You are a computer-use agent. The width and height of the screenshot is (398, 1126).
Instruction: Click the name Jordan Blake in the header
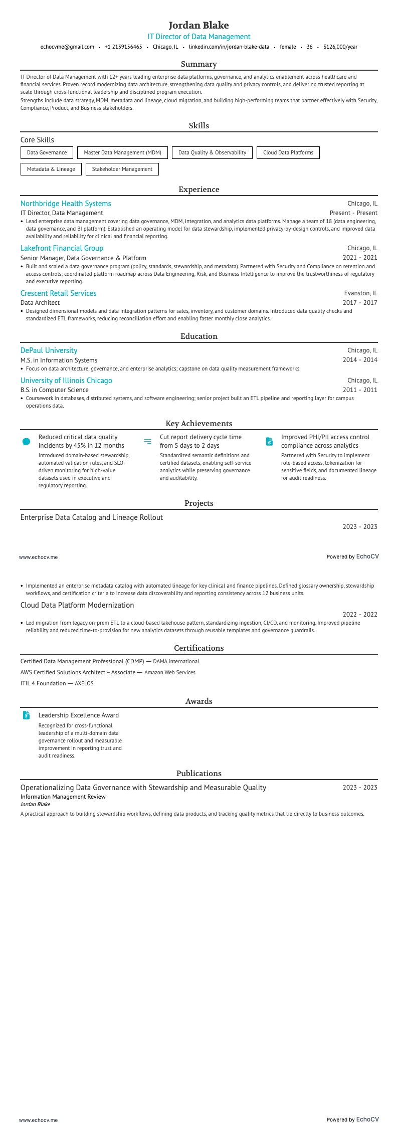click(198, 25)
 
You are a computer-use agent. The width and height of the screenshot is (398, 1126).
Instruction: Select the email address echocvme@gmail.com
click(67, 47)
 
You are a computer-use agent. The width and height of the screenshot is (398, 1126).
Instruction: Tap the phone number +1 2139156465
click(123, 47)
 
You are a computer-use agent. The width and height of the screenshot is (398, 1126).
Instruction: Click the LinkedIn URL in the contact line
click(229, 47)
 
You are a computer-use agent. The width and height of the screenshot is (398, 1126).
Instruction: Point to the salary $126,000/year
click(340, 47)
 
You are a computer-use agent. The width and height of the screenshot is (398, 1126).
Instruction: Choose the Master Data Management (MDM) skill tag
click(122, 152)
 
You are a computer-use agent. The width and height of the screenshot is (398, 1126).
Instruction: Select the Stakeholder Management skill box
click(122, 169)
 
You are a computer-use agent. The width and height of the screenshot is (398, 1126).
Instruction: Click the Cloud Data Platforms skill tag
click(288, 152)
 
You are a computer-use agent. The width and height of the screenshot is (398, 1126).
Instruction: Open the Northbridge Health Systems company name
click(66, 204)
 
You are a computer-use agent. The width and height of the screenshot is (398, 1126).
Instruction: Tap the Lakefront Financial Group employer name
click(62, 248)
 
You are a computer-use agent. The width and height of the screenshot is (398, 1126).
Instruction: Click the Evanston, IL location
click(360, 293)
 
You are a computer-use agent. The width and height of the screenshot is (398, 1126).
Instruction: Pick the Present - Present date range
click(353, 213)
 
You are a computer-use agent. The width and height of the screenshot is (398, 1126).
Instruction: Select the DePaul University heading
click(49, 350)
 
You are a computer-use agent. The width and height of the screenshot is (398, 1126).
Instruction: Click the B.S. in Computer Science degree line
click(54, 390)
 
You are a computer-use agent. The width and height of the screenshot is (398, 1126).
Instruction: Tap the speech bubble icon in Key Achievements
click(27, 442)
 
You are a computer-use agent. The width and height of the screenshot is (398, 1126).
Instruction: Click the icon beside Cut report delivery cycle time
click(147, 441)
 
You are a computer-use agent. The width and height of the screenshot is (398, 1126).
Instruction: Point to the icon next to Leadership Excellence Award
click(27, 715)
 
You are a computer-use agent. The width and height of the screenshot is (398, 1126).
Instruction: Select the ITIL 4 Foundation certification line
click(57, 683)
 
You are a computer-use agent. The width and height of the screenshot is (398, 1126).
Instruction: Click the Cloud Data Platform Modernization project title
click(77, 605)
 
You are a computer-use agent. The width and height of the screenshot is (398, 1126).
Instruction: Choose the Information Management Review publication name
click(63, 797)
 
